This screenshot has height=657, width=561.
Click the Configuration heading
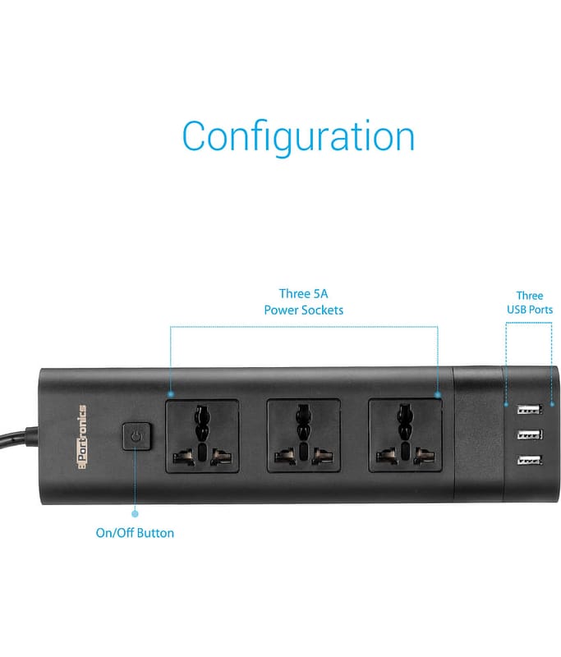coord(298,136)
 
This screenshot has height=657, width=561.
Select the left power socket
coord(202,437)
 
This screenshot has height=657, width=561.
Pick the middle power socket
coord(302,437)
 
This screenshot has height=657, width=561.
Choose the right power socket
coord(405,437)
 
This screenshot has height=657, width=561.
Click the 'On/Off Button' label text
coord(135,533)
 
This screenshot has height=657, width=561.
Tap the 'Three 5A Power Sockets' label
coord(303,302)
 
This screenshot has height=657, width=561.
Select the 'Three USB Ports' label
coord(530,302)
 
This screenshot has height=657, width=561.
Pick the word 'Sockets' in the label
coord(322,310)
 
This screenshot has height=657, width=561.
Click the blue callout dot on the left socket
coord(171,395)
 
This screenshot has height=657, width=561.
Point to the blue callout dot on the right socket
coord(438,395)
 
